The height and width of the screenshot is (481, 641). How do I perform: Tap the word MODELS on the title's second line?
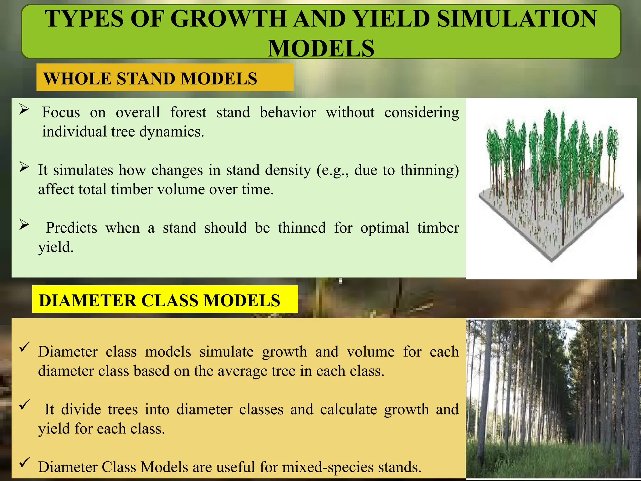pyautogui.click(x=321, y=49)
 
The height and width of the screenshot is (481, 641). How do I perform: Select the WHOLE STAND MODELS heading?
pyautogui.click(x=150, y=78)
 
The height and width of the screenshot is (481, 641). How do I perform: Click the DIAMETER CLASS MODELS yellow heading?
pyautogui.click(x=160, y=300)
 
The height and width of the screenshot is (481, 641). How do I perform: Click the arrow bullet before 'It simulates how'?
pyautogui.click(x=24, y=167)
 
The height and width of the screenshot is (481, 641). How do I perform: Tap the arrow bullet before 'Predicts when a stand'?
pyautogui.click(x=24, y=224)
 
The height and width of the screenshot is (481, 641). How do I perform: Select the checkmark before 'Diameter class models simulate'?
pyautogui.click(x=24, y=347)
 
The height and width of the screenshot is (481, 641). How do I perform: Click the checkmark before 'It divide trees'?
pyautogui.click(x=24, y=405)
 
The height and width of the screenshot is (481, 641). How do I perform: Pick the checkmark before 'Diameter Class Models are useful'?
pyautogui.click(x=24, y=462)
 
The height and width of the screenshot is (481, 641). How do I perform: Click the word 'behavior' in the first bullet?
pyautogui.click(x=288, y=112)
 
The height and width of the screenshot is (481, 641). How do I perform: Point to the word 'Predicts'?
pyautogui.click(x=71, y=228)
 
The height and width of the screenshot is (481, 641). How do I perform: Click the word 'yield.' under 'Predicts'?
pyautogui.click(x=56, y=247)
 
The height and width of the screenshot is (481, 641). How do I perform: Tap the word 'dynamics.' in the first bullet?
pyautogui.click(x=172, y=132)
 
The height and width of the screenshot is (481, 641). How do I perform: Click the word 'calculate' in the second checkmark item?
pyautogui.click(x=348, y=410)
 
